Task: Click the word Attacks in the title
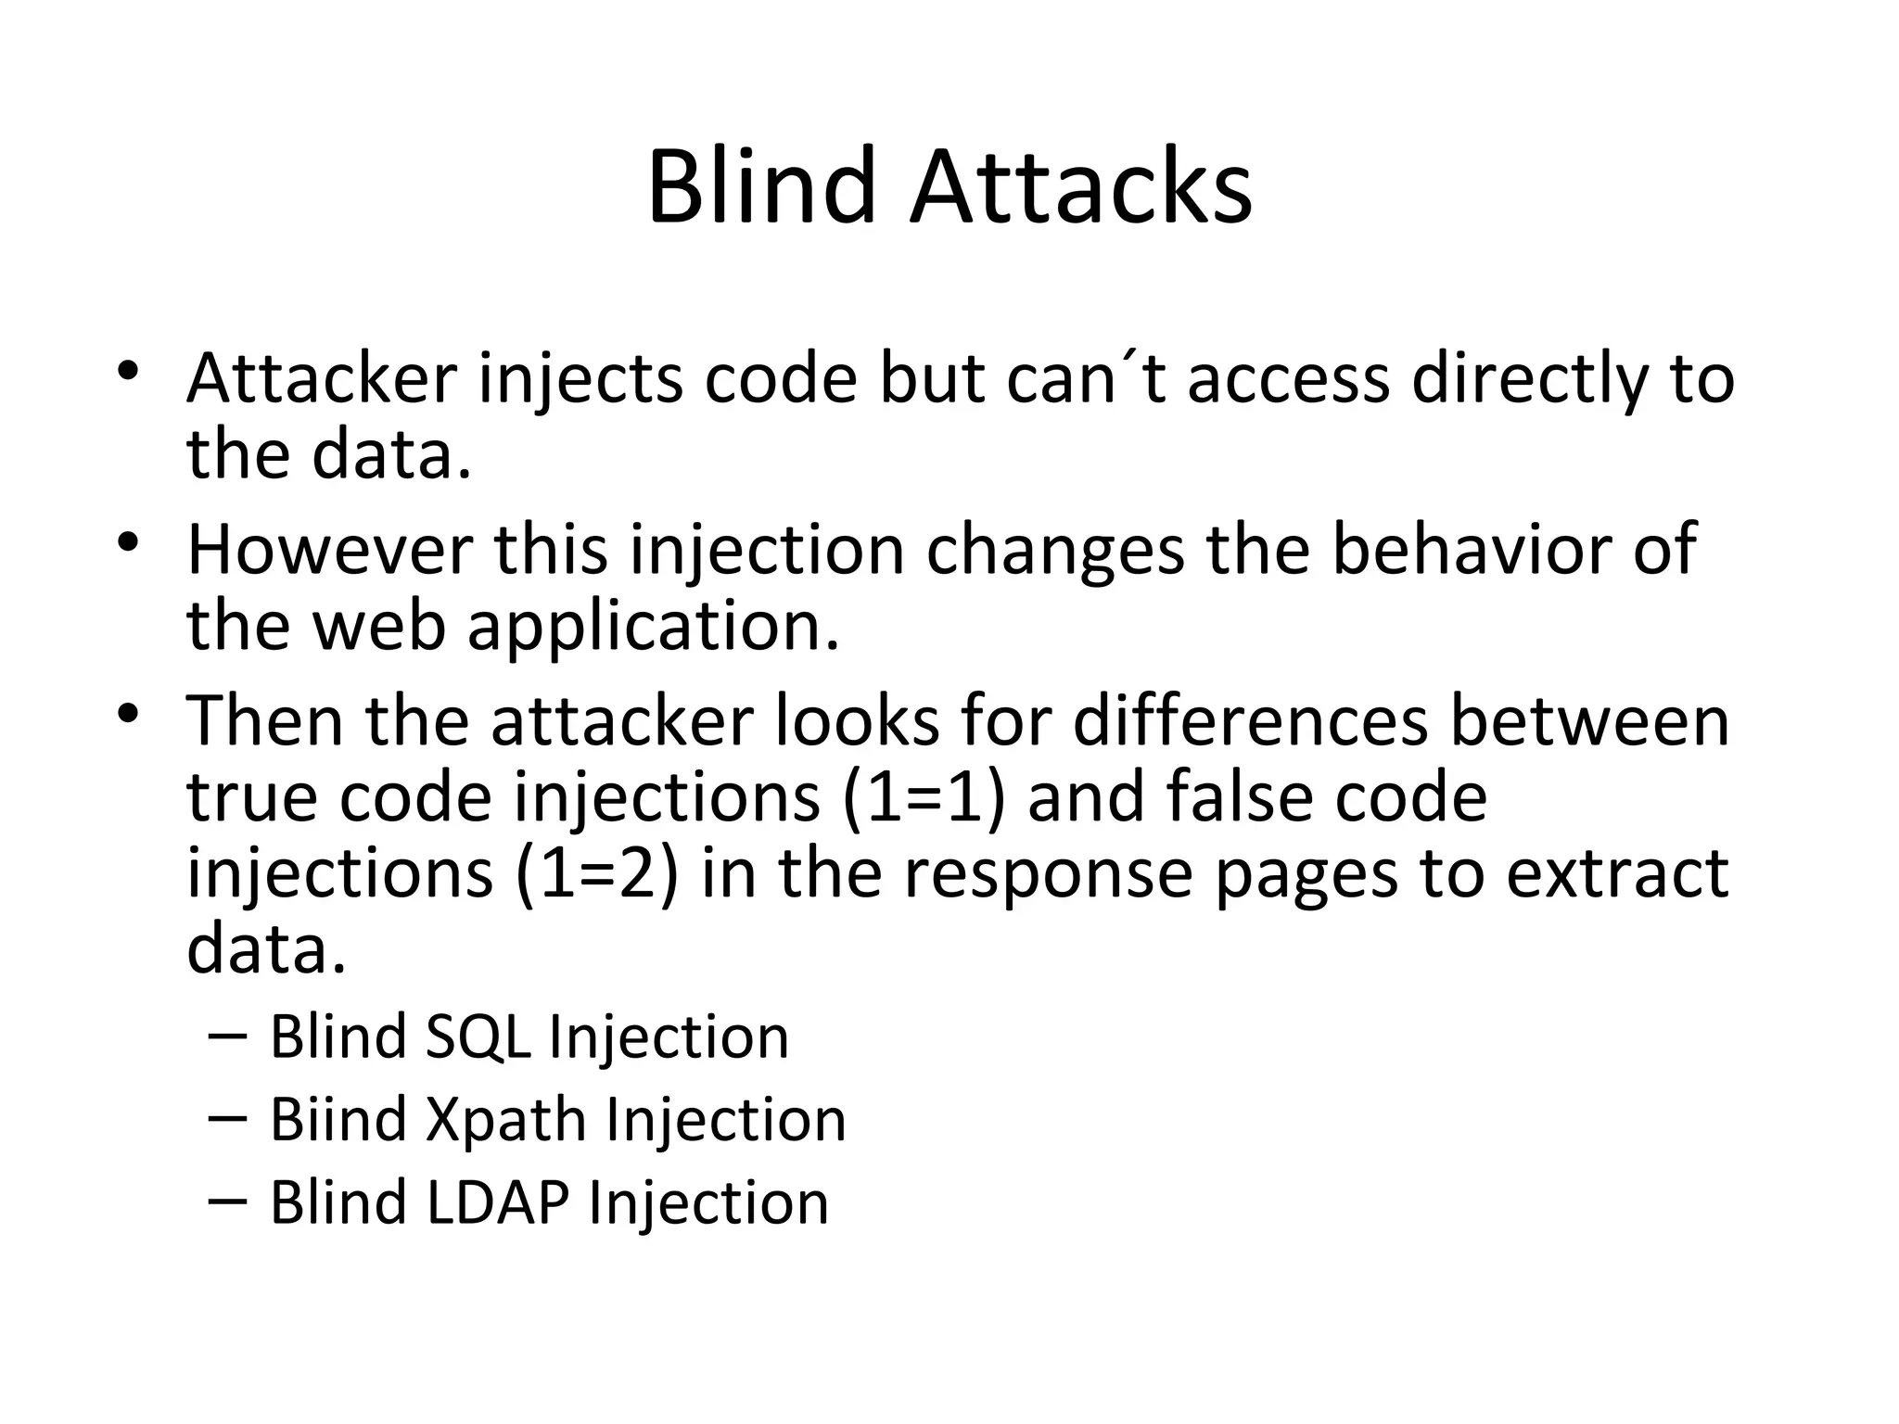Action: click(x=1080, y=188)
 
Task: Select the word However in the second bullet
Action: click(x=329, y=550)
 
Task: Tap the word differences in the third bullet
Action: click(x=1251, y=721)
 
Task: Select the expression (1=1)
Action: click(x=924, y=798)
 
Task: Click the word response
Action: click(x=1049, y=874)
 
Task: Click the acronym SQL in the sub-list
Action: click(x=478, y=1036)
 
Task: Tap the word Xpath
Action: click(x=505, y=1119)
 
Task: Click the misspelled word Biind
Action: click(x=338, y=1119)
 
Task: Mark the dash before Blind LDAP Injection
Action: click(x=228, y=1201)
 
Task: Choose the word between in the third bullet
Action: click(x=1589, y=721)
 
